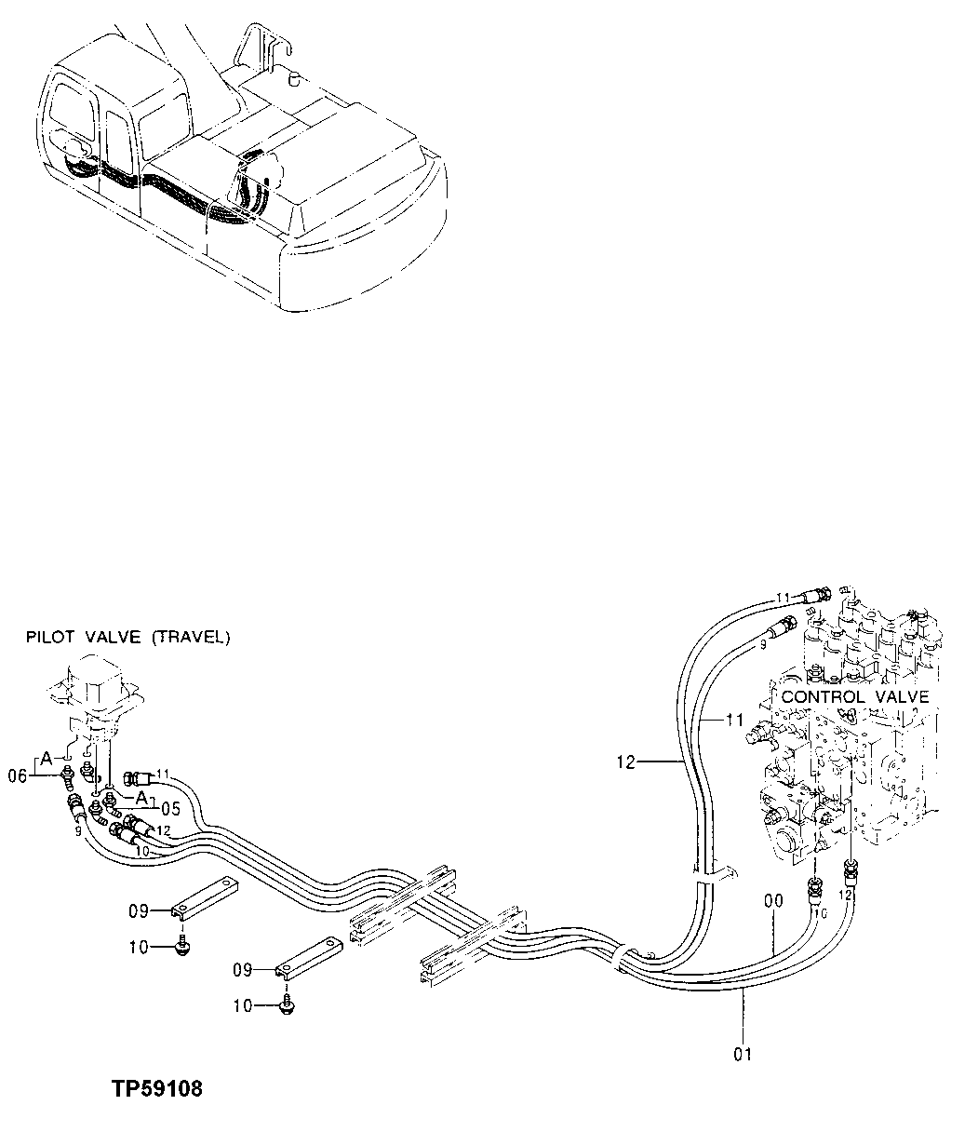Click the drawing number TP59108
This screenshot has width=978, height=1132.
(156, 1089)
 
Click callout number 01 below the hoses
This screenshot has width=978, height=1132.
(742, 1055)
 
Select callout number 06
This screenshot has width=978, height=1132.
(18, 772)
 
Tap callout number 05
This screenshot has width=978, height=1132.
(169, 809)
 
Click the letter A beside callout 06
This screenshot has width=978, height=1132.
(46, 755)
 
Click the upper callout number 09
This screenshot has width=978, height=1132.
(139, 910)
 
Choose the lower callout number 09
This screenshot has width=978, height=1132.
(242, 971)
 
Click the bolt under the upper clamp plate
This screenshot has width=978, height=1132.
(182, 947)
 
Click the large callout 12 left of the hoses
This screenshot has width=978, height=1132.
(624, 762)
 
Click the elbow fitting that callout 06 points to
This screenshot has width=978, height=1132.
(68, 773)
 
